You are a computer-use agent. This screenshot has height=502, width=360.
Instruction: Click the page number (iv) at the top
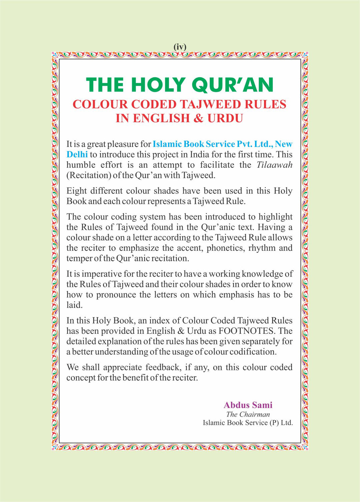pos(180,47)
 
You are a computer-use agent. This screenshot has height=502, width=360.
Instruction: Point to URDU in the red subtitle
pos(225,118)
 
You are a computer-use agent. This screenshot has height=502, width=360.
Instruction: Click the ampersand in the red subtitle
pos(198,118)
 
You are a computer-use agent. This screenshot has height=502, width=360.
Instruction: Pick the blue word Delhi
pos(77,155)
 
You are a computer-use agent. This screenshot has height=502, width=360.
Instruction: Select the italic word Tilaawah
pos(274,165)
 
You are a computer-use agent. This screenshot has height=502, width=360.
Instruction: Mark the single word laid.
pos(74,305)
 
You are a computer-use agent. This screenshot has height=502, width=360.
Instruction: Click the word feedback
pos(163,367)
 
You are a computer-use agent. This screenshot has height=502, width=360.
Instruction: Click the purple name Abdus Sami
pos(248,405)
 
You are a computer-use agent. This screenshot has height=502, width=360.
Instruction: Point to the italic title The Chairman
pos(248,414)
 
